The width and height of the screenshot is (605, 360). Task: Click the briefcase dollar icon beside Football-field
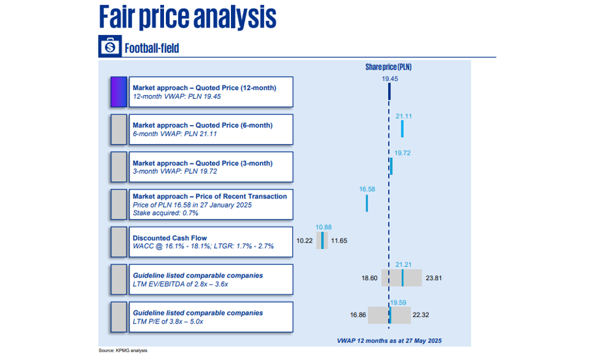(110, 47)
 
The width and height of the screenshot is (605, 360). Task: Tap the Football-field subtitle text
(152, 49)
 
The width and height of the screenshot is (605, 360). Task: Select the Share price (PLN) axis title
(389, 67)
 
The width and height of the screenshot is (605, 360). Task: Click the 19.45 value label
(390, 79)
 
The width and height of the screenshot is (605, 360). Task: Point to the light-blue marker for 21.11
(402, 129)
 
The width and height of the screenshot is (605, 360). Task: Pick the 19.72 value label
(403, 153)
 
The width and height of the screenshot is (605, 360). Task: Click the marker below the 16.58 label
(367, 204)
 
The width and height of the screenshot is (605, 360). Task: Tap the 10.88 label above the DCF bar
(324, 227)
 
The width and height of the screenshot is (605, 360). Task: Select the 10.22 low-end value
(304, 241)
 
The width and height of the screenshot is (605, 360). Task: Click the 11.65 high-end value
(339, 241)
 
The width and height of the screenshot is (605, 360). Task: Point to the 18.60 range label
(370, 278)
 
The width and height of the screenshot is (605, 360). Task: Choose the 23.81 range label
(434, 278)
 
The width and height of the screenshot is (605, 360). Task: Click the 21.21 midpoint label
(403, 264)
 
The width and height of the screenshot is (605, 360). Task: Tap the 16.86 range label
(358, 315)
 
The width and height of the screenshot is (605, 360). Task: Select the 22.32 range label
(421, 315)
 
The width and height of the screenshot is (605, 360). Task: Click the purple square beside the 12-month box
(119, 92)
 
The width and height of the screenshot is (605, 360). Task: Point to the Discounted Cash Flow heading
(170, 238)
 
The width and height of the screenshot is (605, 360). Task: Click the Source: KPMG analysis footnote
(123, 350)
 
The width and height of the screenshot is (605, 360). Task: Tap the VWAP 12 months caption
(389, 341)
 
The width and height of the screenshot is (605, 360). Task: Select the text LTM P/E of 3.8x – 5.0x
(168, 322)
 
